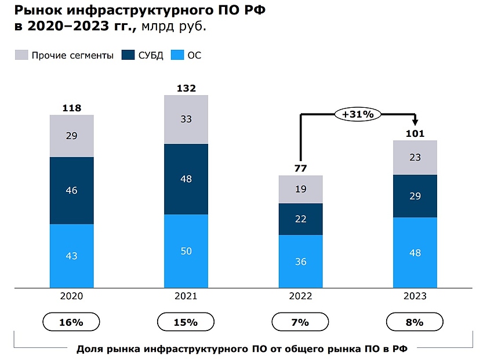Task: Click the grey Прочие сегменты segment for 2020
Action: click(72, 136)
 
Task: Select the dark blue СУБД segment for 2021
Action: click(186, 179)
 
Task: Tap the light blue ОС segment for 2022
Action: click(300, 261)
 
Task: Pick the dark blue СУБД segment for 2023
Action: click(415, 196)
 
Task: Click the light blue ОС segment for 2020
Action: click(72, 255)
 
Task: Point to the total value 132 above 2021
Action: click(186, 88)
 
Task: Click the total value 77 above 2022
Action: click(300, 169)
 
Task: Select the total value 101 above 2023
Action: click(415, 133)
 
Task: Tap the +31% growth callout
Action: click(358, 114)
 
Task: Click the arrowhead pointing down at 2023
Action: click(415, 122)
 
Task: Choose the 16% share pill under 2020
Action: click(72, 322)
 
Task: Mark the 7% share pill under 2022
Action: click(300, 322)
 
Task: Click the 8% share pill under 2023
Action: click(415, 322)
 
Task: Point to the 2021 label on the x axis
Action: click(186, 296)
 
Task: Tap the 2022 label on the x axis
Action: click(300, 296)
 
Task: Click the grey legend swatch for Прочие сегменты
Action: click(21, 56)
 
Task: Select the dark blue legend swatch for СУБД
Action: click(128, 56)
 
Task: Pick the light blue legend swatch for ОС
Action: click(178, 56)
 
